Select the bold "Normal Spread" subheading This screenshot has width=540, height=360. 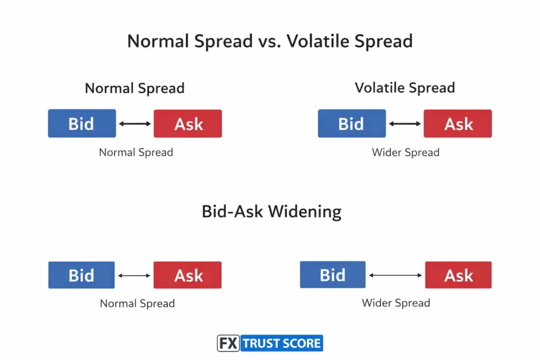coord(134,87)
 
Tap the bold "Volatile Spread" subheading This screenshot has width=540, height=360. coord(404,87)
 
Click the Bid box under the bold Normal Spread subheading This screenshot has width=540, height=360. coord(82,124)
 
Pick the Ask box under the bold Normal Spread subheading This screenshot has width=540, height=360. coord(188,124)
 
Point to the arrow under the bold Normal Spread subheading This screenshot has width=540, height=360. coord(134,124)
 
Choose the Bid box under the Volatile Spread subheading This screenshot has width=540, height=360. coord(352,124)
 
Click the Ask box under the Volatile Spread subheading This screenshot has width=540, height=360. coord(458,124)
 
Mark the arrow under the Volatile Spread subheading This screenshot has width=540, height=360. coord(404,124)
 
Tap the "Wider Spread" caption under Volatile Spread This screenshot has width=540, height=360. coord(405,152)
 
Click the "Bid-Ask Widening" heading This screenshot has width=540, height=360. coord(272,211)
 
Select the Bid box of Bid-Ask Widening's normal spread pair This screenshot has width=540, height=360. coord(81,275)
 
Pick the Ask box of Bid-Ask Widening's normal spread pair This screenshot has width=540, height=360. coord(188,275)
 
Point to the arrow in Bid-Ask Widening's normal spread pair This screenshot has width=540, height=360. coord(134,275)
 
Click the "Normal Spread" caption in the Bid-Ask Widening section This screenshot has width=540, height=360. coord(137,304)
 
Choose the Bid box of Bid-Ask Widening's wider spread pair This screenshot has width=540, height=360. coord(333,275)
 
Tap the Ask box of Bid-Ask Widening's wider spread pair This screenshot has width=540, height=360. coord(458,275)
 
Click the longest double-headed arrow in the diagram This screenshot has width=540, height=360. coord(396,275)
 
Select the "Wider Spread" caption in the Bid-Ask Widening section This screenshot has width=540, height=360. coord(396,303)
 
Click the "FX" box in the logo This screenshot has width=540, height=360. coord(229,344)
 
